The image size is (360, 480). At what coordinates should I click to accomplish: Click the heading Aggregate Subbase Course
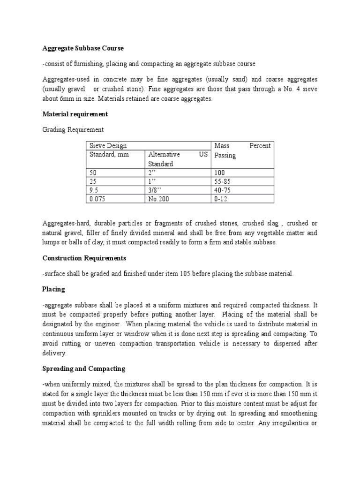point(83,48)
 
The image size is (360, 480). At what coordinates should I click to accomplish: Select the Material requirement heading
point(75,114)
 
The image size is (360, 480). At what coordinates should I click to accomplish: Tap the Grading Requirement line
point(73,129)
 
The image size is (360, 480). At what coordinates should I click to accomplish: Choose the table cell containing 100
point(220,172)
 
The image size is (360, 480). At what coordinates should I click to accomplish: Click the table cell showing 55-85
point(223,181)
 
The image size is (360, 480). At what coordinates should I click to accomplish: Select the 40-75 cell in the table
point(223,190)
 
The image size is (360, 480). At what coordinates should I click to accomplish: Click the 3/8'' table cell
point(155,190)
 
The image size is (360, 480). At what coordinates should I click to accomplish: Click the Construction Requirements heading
point(84,258)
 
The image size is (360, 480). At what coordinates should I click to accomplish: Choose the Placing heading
point(53,289)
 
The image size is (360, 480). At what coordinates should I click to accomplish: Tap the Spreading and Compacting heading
point(84,369)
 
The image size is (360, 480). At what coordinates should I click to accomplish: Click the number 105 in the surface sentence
point(186,274)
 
